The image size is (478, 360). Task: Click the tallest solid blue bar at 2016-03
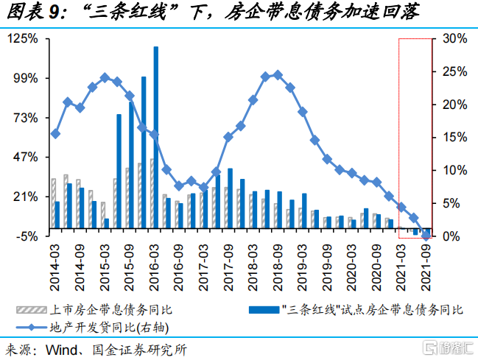[x=156, y=140]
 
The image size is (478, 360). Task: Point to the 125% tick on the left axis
[x=26, y=38]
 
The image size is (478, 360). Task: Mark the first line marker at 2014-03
[x=55, y=134]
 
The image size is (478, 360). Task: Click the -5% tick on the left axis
[x=27, y=236]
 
